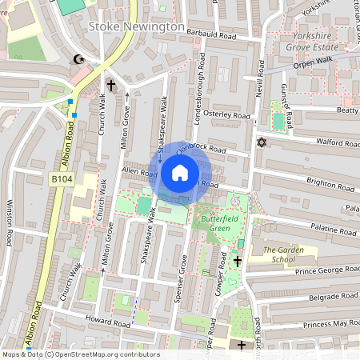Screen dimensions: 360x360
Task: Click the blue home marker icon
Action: pyautogui.click(x=180, y=173)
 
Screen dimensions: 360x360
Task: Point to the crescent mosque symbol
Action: pyautogui.click(x=78, y=59)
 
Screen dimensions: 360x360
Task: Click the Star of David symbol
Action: pyautogui.click(x=259, y=142)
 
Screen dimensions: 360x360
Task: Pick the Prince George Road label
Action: pyautogui.click(x=314, y=271)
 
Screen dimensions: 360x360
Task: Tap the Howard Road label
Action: pyautogui.click(x=110, y=324)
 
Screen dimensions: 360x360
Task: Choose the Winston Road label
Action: pyautogui.click(x=10, y=223)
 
